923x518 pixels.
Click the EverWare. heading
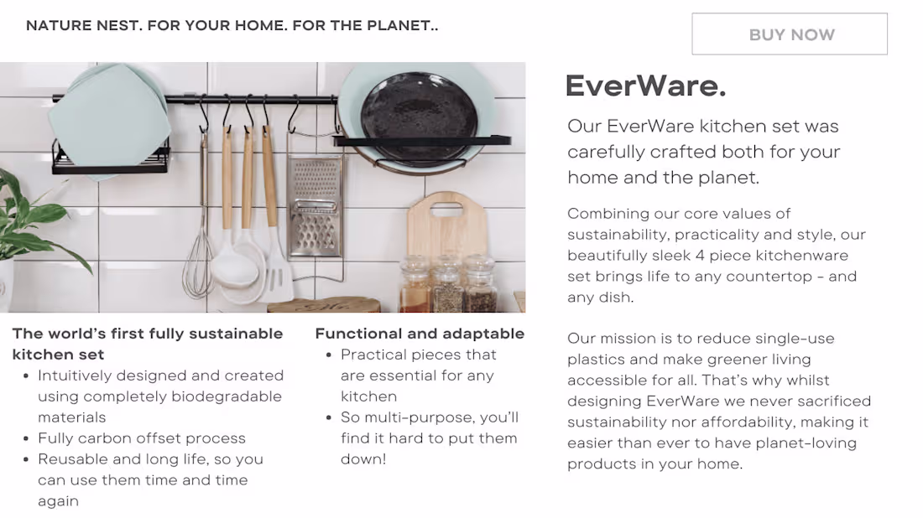click(x=645, y=85)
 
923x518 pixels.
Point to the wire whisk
click(x=198, y=260)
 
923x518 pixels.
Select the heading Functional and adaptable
click(x=420, y=334)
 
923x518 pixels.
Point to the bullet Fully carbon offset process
click(x=142, y=438)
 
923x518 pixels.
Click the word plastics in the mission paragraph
click(x=593, y=360)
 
